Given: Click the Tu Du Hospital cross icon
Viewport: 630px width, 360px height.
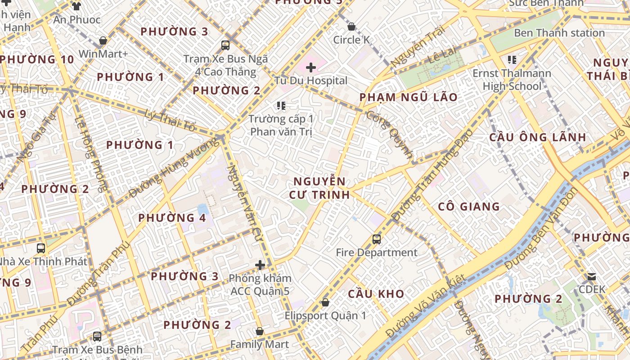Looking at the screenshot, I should pyautogui.click(x=311, y=68).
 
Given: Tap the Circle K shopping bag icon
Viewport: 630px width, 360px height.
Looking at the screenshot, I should pyautogui.click(x=351, y=27).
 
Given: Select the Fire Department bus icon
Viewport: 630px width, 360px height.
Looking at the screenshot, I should pyautogui.click(x=377, y=239).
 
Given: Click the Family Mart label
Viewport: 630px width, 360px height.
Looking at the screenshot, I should pyautogui.click(x=259, y=344).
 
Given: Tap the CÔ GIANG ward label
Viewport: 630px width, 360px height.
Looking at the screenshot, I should pyautogui.click(x=469, y=207).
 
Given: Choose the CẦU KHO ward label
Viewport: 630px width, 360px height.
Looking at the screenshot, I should pyautogui.click(x=376, y=294).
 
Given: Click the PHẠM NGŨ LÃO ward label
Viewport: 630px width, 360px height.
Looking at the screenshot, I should pyautogui.click(x=408, y=97).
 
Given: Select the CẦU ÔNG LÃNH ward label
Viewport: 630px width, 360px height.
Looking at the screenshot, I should pyautogui.click(x=538, y=137).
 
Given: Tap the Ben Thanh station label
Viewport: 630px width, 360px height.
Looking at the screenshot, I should pyautogui.click(x=559, y=33).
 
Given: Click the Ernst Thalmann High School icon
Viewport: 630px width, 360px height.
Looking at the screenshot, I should pyautogui.click(x=512, y=59).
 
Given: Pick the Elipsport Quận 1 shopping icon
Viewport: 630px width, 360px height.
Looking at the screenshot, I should pyautogui.click(x=325, y=302).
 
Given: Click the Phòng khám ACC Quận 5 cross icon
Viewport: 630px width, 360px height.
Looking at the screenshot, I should pyautogui.click(x=260, y=265).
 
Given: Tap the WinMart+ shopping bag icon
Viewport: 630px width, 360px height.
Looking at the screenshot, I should pyautogui.click(x=103, y=41).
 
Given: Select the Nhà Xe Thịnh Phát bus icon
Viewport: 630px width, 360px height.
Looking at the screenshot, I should pyautogui.click(x=41, y=248).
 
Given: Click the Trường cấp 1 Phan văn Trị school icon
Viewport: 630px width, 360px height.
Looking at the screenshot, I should pyautogui.click(x=281, y=106).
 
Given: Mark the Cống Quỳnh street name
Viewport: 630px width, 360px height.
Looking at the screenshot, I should pyautogui.click(x=390, y=134).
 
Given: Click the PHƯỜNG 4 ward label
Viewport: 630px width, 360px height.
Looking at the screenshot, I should pyautogui.click(x=172, y=218).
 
